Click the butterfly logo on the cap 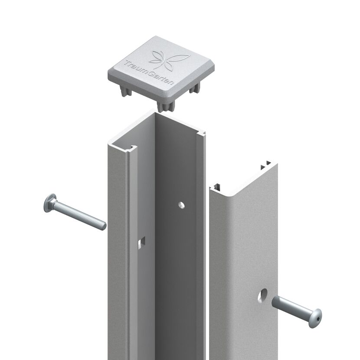pos(169,60)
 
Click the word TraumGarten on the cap pos(149,72)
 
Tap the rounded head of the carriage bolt pos(49,203)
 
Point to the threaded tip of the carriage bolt pos(103,226)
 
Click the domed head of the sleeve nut pos(315,318)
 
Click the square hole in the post pos(142,243)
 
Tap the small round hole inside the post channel pos(181,205)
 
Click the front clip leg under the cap pos(165,107)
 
